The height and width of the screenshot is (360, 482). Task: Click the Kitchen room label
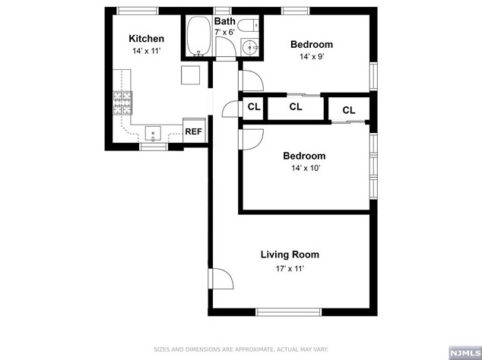[x=146, y=39]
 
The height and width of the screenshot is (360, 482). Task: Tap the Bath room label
[x=224, y=21]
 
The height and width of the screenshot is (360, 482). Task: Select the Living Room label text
[x=290, y=254]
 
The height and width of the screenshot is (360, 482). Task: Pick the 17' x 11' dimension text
[x=290, y=268]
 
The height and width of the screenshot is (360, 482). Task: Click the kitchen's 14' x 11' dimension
[x=146, y=51]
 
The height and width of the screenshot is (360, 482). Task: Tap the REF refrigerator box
[x=194, y=131]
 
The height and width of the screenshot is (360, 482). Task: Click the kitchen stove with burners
[x=122, y=104]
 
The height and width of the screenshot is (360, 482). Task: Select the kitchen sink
[x=153, y=134]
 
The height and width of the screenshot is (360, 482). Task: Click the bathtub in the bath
[x=198, y=36]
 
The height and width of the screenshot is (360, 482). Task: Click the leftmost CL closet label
[x=254, y=107]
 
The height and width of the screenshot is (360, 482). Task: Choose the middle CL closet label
[x=296, y=107]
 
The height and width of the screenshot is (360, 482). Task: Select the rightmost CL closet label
[x=349, y=110]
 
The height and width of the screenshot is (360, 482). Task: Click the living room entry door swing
[x=219, y=281]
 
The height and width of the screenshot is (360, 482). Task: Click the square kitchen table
[x=191, y=74]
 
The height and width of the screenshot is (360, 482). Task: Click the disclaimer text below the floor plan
[x=241, y=349]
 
